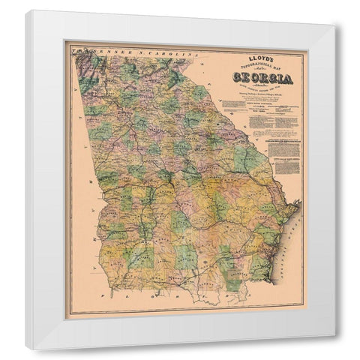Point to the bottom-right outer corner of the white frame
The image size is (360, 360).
pos(335,349)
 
